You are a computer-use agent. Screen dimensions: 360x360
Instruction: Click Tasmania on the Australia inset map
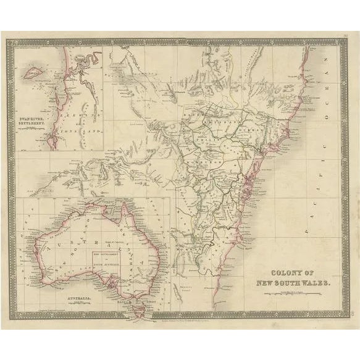(137, 303)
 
